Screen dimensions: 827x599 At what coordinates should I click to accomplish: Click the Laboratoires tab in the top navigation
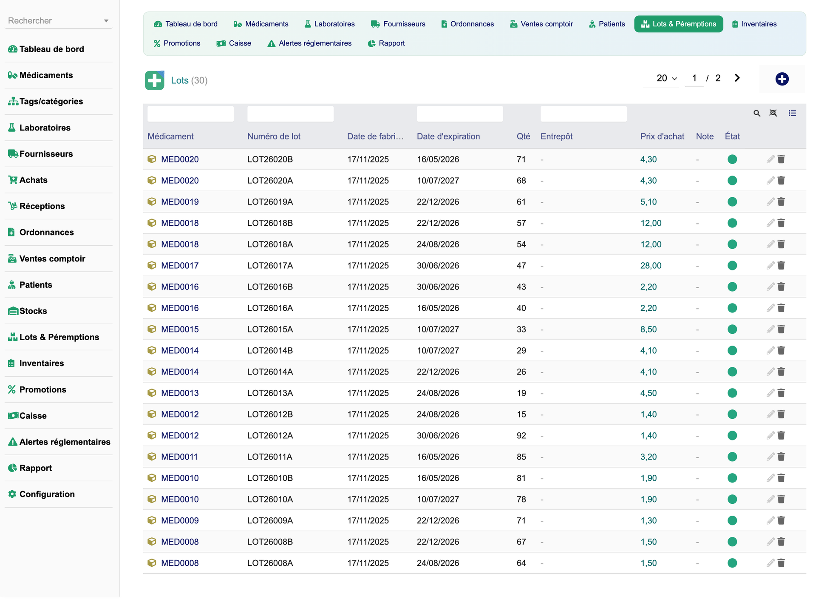(x=329, y=24)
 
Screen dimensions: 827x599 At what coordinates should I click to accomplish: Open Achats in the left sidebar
(x=33, y=180)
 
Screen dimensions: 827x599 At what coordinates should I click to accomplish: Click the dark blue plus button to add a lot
(x=782, y=79)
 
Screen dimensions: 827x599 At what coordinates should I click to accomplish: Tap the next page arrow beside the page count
(x=737, y=78)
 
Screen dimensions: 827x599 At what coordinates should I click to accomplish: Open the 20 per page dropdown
(x=666, y=78)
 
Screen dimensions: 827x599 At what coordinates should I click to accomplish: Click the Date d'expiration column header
(x=448, y=136)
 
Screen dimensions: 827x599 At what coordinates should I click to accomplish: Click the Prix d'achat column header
(x=662, y=136)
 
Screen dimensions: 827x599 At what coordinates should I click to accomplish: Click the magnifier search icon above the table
(x=756, y=114)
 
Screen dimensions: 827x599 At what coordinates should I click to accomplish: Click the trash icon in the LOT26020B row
(x=781, y=159)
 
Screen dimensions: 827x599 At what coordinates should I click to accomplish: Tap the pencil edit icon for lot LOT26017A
(x=770, y=266)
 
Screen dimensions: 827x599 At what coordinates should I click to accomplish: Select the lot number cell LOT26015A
(x=270, y=329)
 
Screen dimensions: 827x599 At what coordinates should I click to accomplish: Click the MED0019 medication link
(x=180, y=202)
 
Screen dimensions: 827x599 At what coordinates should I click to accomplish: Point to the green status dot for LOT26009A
(x=732, y=521)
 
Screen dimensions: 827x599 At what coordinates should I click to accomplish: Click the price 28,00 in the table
(x=651, y=266)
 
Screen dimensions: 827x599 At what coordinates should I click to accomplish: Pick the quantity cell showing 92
(x=521, y=436)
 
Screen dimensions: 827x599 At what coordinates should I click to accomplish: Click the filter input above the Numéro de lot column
(x=290, y=114)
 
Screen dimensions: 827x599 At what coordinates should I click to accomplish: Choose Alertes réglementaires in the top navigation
(x=309, y=43)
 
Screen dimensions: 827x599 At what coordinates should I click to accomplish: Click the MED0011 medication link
(x=179, y=457)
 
